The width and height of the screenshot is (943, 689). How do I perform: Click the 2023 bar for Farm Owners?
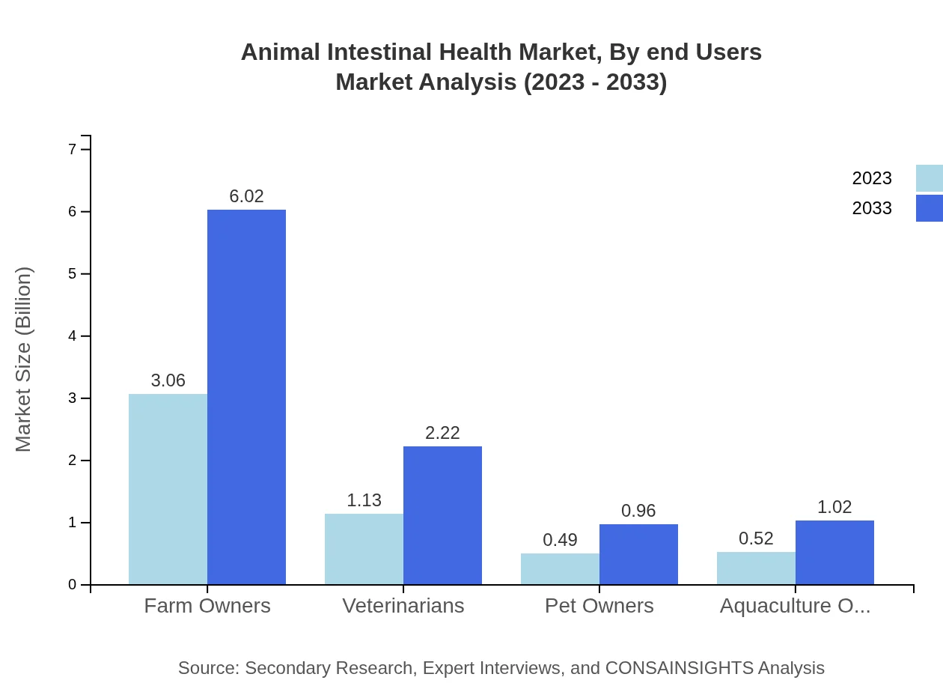(x=168, y=489)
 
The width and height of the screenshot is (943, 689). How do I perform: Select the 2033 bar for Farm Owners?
(x=246, y=397)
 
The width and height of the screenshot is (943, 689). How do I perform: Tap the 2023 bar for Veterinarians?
(x=364, y=549)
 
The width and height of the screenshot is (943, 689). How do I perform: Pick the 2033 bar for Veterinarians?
(x=442, y=515)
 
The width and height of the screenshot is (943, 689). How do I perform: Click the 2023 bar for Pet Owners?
(x=560, y=569)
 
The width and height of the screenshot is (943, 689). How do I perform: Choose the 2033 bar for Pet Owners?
(x=638, y=554)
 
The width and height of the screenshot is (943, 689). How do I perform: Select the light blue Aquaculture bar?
(x=756, y=568)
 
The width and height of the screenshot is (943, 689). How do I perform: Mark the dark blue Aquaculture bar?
(x=834, y=553)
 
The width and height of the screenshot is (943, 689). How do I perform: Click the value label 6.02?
(x=246, y=196)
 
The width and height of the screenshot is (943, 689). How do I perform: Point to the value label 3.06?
(x=168, y=380)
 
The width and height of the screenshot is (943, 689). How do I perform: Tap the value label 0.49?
(x=560, y=540)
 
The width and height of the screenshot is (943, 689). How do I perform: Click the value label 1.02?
(x=834, y=507)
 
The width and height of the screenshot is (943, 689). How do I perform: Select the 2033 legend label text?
(x=872, y=208)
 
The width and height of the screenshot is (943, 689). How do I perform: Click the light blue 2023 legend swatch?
(x=929, y=178)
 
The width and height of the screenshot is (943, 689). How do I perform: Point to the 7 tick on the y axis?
(x=73, y=149)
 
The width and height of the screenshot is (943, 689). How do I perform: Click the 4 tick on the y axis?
(x=73, y=336)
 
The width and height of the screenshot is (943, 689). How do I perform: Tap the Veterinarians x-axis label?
(x=403, y=606)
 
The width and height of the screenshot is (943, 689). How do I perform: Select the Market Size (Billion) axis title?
(x=24, y=359)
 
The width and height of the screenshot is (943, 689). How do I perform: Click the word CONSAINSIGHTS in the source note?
(x=678, y=668)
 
